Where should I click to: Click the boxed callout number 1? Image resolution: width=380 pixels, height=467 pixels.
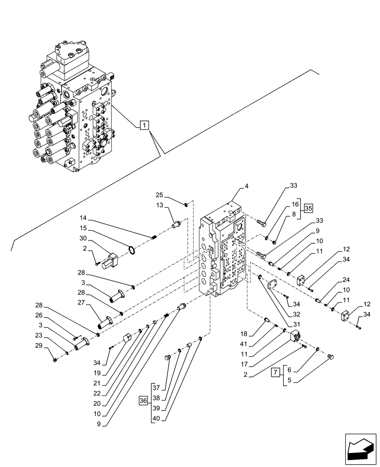pyautogui.click(x=145, y=125)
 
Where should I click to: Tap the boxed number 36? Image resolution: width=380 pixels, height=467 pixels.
pyautogui.click(x=143, y=400)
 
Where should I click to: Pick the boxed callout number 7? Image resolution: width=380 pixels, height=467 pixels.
pyautogui.click(x=276, y=373)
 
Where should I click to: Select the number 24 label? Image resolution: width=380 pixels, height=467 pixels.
pyautogui.click(x=346, y=280)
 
